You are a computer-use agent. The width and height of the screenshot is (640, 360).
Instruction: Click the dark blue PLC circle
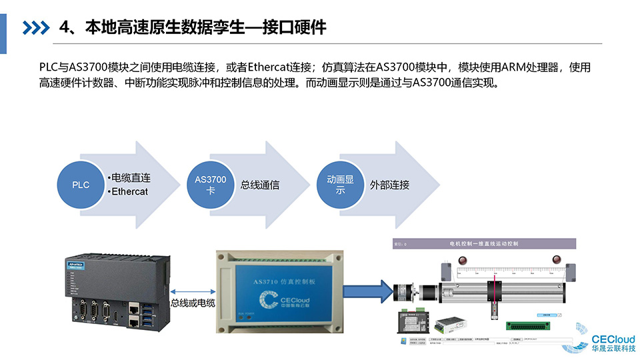81,185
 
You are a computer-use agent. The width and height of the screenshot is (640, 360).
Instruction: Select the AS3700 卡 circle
211,185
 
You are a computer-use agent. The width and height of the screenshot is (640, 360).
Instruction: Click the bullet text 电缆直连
131,178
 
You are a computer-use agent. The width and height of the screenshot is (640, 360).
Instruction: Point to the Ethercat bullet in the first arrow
129,192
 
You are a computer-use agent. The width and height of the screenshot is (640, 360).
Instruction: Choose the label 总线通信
260,185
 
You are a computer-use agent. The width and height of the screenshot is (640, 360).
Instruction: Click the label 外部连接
389,185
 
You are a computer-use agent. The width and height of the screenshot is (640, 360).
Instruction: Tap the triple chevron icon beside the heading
36,27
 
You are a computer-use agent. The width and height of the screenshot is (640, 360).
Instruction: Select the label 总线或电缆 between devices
193,303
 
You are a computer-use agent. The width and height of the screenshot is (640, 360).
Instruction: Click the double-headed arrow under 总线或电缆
193,291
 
